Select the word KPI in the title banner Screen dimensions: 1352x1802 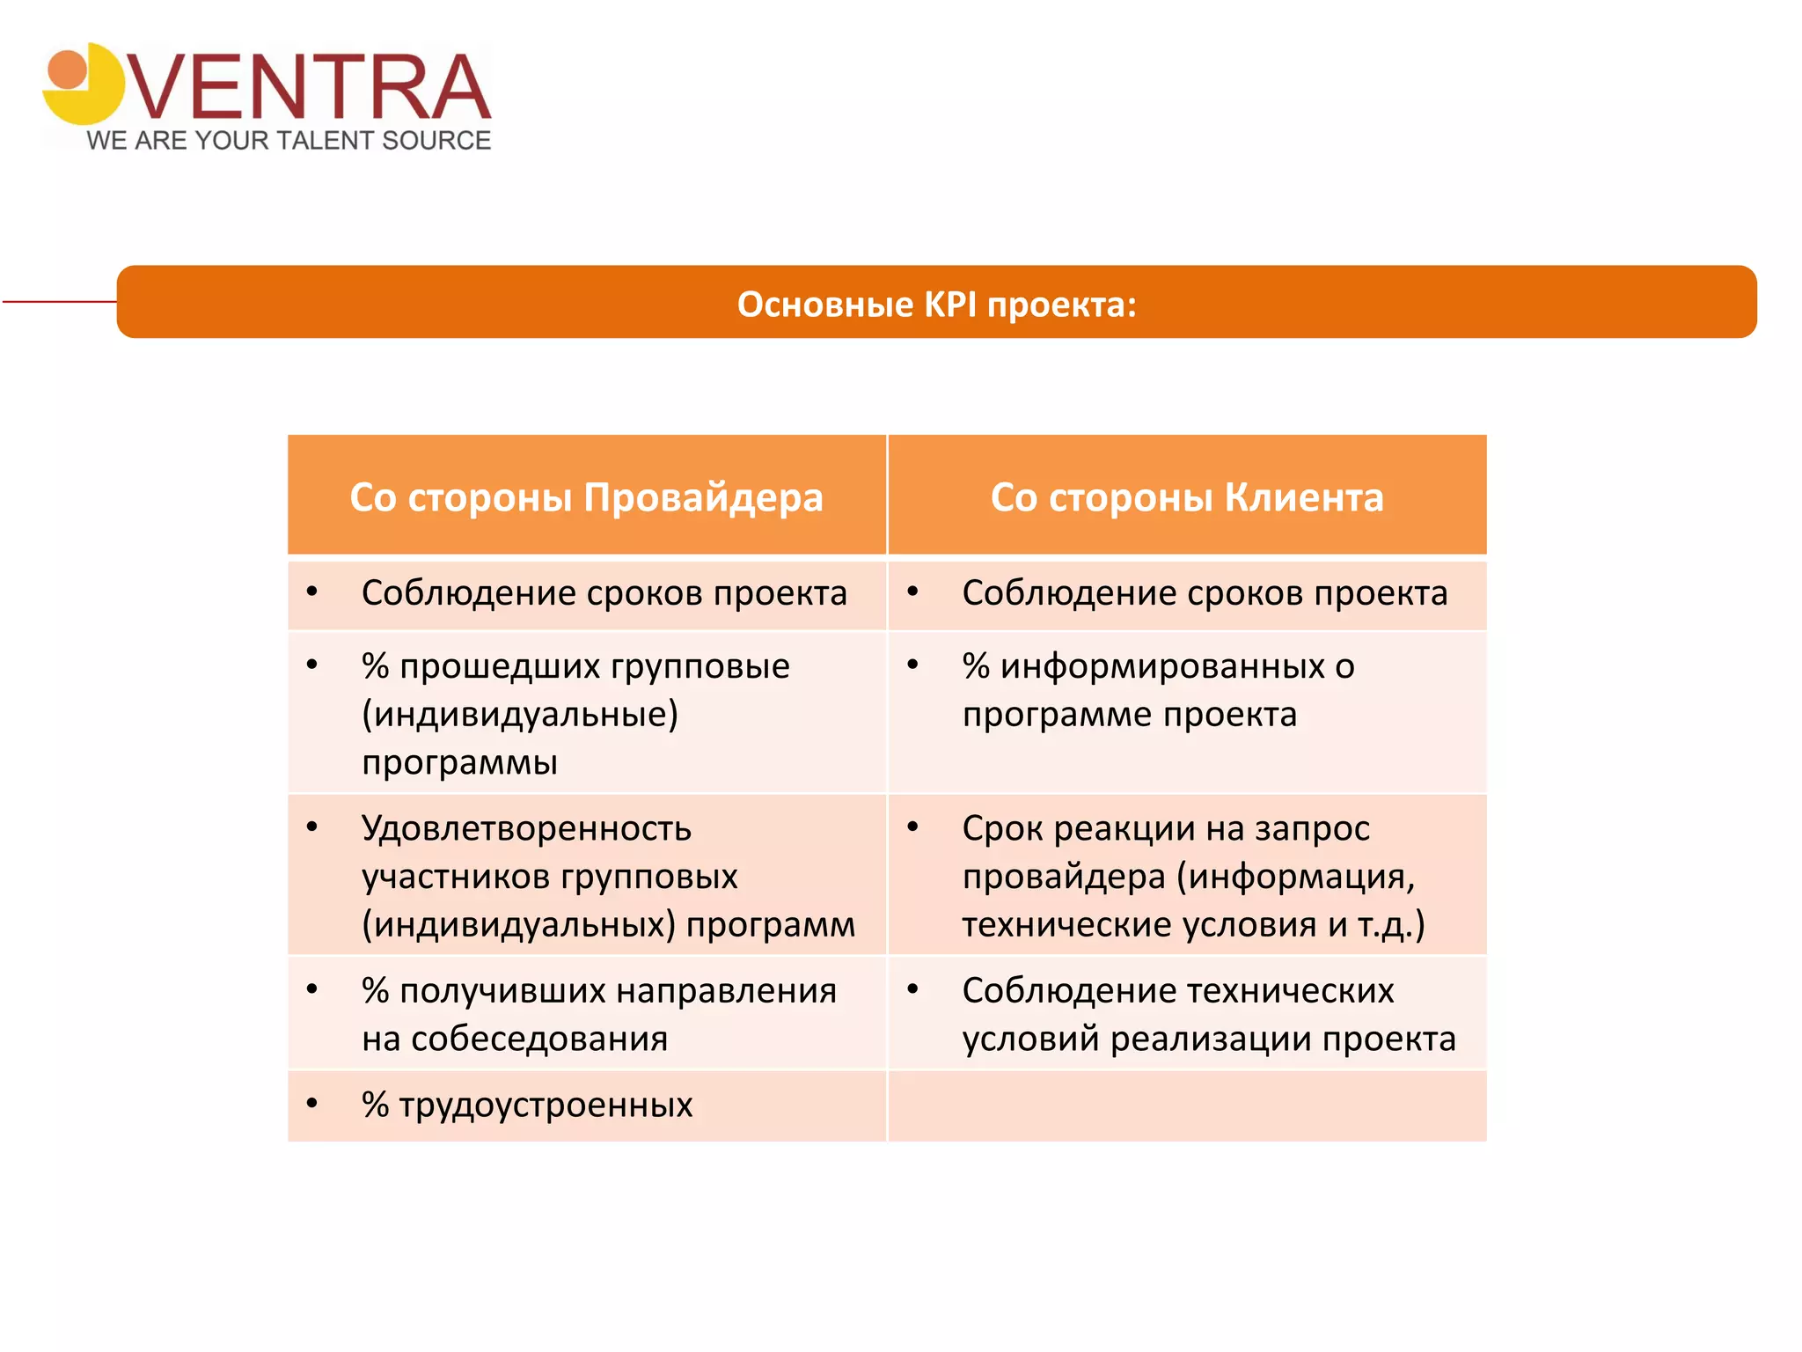pyautogui.click(x=950, y=305)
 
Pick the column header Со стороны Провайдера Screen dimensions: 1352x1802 pyautogui.click(x=586, y=497)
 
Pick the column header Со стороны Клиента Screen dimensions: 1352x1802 pyautogui.click(x=1186, y=497)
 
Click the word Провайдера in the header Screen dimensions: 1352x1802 pyautogui.click(x=703, y=497)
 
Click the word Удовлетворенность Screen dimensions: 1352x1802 pyautogui.click(x=526, y=828)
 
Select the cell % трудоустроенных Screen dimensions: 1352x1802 pyautogui.click(x=527, y=1105)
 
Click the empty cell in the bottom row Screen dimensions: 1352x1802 pyautogui.click(x=1186, y=1106)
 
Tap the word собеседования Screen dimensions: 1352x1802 pyautogui.click(x=539, y=1039)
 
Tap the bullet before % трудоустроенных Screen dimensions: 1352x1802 pyautogui.click(x=312, y=1103)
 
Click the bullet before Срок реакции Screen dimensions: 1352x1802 pyautogui.click(x=913, y=827)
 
